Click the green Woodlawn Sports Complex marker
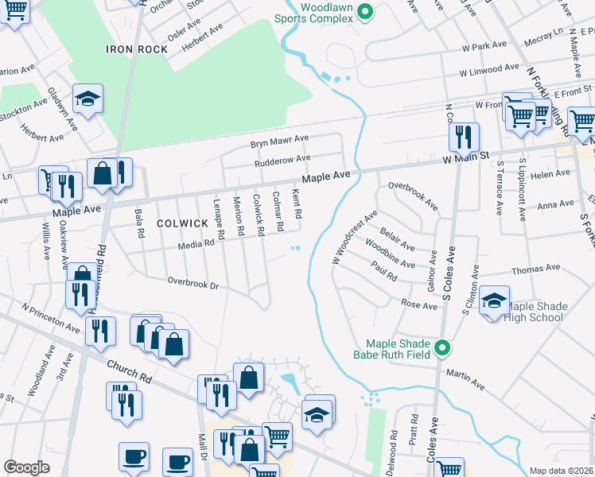point(365,11)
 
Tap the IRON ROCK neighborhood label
point(137,49)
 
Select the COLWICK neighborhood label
point(181,224)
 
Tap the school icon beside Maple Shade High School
point(494,301)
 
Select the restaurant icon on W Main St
point(463,137)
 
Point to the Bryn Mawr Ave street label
point(279,140)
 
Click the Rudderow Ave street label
point(282,159)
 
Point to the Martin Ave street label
point(465,379)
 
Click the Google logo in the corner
point(26,467)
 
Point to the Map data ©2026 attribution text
point(561,471)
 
